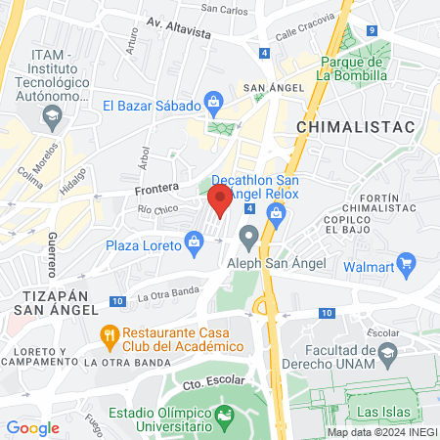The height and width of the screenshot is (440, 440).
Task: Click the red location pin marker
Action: (x=220, y=200)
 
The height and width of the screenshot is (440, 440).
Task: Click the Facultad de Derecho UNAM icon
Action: (x=388, y=352)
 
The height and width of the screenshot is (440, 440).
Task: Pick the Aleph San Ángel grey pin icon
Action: (x=249, y=235)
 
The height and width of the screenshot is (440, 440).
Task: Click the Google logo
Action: (x=32, y=427)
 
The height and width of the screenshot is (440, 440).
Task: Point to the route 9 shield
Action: (x=373, y=30)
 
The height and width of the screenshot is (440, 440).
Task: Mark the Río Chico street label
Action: (x=158, y=209)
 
